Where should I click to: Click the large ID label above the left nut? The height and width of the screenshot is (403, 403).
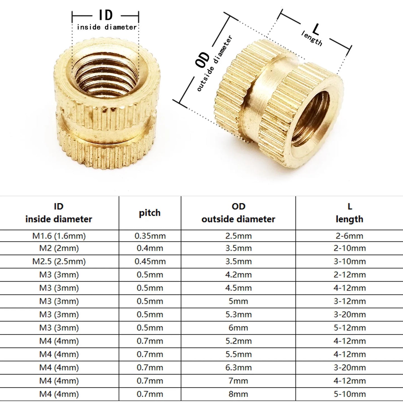(106, 15)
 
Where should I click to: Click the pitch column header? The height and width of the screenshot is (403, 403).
(150, 213)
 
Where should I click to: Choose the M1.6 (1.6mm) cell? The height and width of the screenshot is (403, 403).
(59, 236)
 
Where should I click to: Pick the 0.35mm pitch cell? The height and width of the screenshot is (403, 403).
(150, 236)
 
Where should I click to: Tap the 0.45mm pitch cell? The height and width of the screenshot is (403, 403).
(150, 261)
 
